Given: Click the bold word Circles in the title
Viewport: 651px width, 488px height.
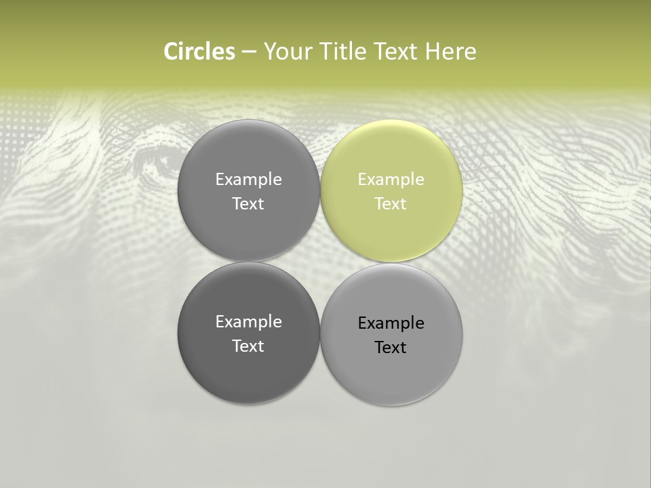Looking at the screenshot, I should (x=199, y=52).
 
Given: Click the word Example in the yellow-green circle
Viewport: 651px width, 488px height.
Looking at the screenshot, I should (x=391, y=180).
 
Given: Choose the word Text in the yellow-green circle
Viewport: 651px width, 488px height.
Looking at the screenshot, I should (x=391, y=204).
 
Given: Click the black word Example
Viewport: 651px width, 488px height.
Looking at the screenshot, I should (x=391, y=323).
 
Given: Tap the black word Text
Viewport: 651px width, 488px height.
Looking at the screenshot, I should (x=391, y=348).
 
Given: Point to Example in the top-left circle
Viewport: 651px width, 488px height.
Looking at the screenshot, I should (x=248, y=180).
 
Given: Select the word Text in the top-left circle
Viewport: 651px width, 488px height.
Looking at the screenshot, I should (x=248, y=204).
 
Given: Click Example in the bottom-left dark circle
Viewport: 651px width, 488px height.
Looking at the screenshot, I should (x=248, y=322).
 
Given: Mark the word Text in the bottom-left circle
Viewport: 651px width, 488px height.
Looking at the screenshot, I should (x=248, y=346).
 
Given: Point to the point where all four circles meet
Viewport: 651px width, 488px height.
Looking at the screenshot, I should (x=320, y=262).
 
